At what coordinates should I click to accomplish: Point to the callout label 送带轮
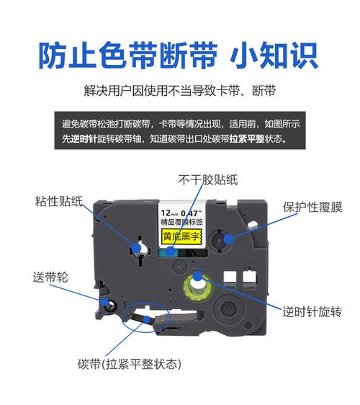pyautogui.click(x=48, y=275)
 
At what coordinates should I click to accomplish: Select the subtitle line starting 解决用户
pyautogui.click(x=180, y=92)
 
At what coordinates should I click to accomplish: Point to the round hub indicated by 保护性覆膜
pyautogui.click(x=227, y=238)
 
